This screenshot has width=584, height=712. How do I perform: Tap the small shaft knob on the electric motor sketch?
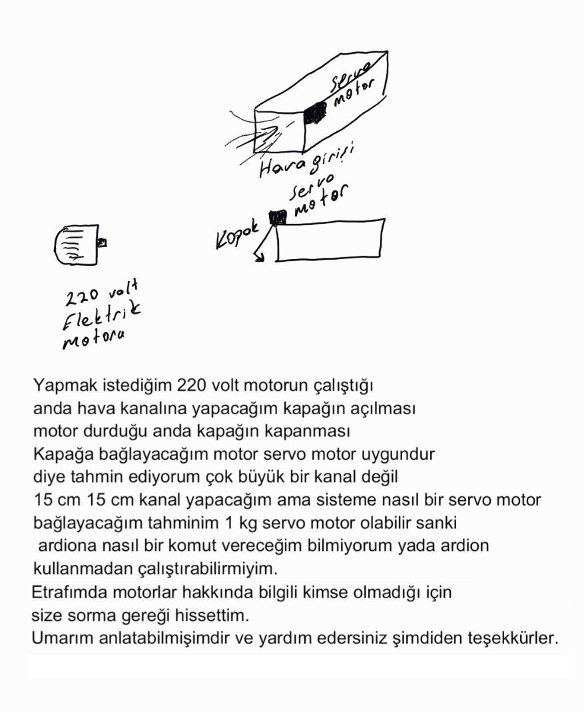(x=102, y=243)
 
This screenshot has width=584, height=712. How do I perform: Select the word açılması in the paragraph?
(x=383, y=408)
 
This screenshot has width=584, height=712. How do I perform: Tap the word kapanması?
(x=312, y=431)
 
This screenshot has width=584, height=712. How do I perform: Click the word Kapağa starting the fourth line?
(x=60, y=455)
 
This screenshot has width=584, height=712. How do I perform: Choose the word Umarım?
(x=59, y=637)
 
